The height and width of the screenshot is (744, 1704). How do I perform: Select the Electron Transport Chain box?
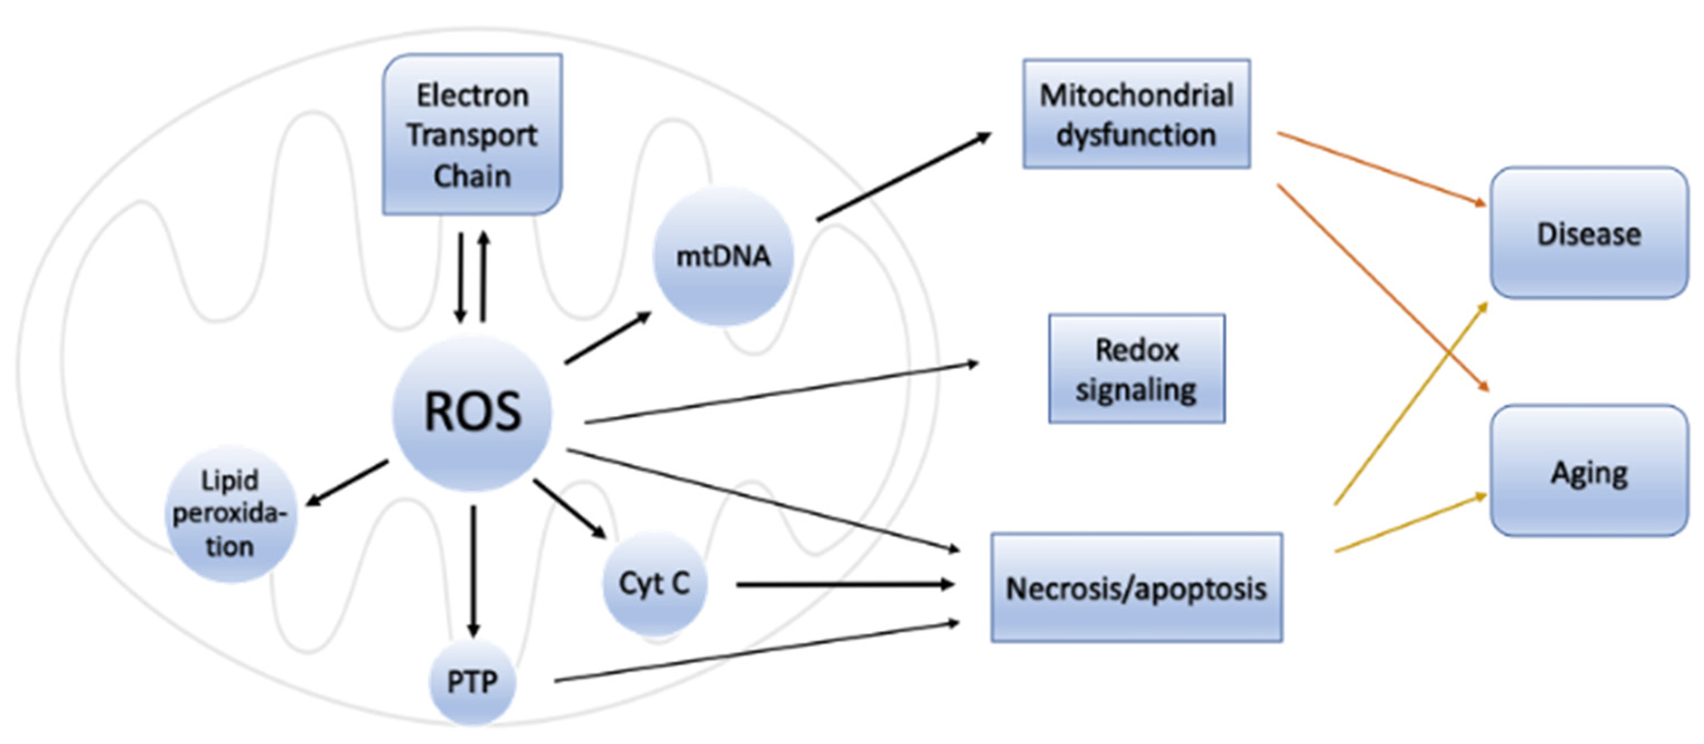tap(472, 135)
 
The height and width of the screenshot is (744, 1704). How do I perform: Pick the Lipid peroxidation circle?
tap(230, 514)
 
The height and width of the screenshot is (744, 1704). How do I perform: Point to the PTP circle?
tap(472, 682)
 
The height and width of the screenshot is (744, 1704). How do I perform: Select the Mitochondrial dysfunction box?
tap(1136, 114)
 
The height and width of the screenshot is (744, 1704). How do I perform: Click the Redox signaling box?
tap(1136, 369)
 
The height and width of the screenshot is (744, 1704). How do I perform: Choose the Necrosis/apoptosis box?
tap(1136, 588)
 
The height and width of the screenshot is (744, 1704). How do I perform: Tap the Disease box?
tap(1589, 233)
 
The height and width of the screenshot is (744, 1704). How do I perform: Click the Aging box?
tap(1589, 471)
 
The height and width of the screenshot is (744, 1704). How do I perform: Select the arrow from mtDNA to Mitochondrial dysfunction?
tap(903, 177)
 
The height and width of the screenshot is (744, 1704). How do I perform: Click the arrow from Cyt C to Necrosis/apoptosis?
tap(844, 584)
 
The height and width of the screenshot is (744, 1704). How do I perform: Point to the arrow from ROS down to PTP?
tap(472, 569)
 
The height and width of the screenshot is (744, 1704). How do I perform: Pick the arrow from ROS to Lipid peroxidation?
tap(347, 483)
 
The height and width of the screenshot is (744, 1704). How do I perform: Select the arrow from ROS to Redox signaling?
tap(780, 393)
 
